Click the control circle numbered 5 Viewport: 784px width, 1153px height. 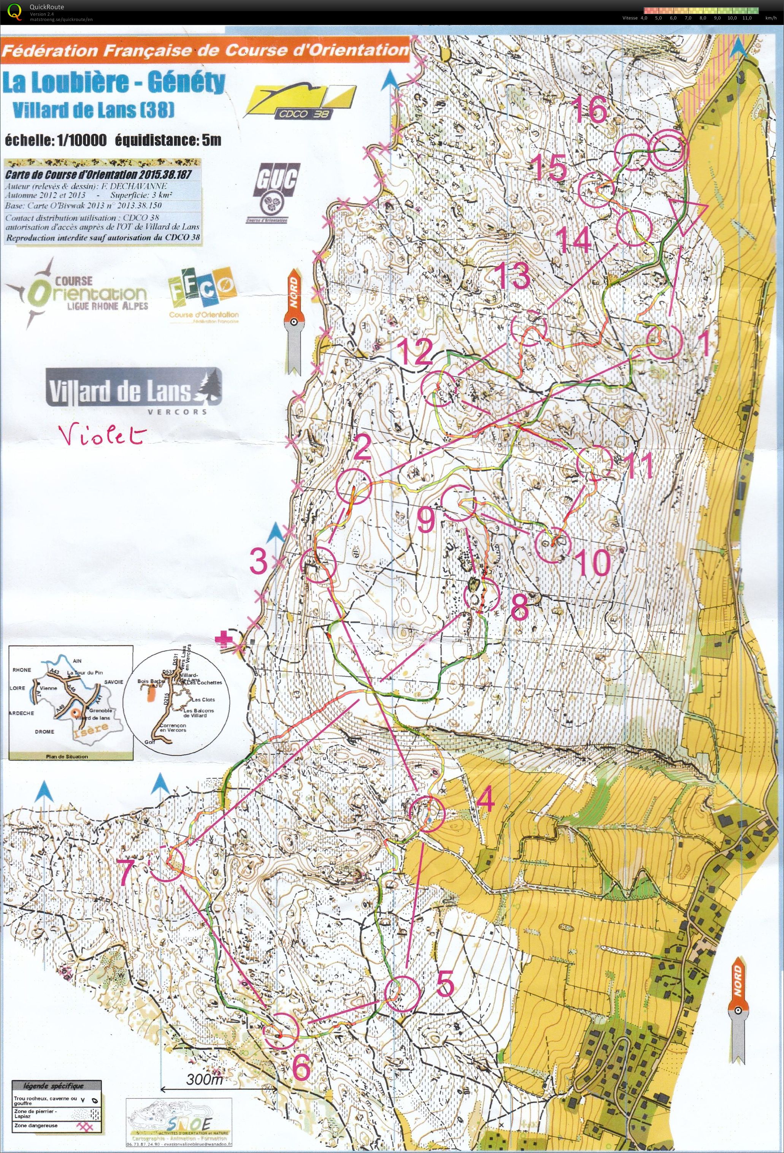coord(403,994)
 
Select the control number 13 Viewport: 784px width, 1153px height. coord(514,276)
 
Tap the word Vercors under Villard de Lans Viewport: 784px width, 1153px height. coord(177,411)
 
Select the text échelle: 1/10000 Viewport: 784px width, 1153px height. coord(56,140)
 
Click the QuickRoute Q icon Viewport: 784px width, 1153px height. coord(15,11)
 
